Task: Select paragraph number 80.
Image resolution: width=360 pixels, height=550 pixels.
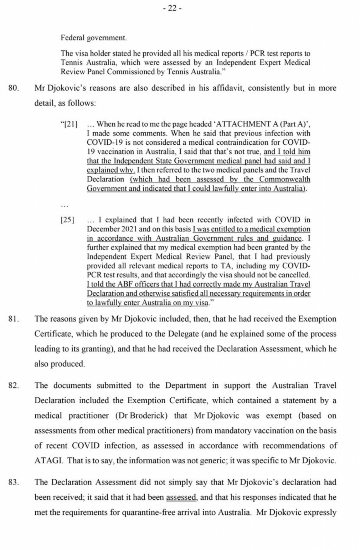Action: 14,88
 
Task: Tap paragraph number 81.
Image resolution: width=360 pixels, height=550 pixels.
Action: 14,319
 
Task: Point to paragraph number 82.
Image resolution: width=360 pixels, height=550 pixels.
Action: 14,386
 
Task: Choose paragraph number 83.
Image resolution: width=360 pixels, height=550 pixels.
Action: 14,482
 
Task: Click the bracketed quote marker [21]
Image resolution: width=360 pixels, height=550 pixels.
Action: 69,124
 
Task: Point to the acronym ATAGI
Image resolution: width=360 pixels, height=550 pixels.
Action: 48,460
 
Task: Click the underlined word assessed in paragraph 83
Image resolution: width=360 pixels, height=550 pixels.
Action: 181,498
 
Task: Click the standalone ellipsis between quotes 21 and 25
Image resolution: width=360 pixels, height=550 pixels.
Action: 64,205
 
